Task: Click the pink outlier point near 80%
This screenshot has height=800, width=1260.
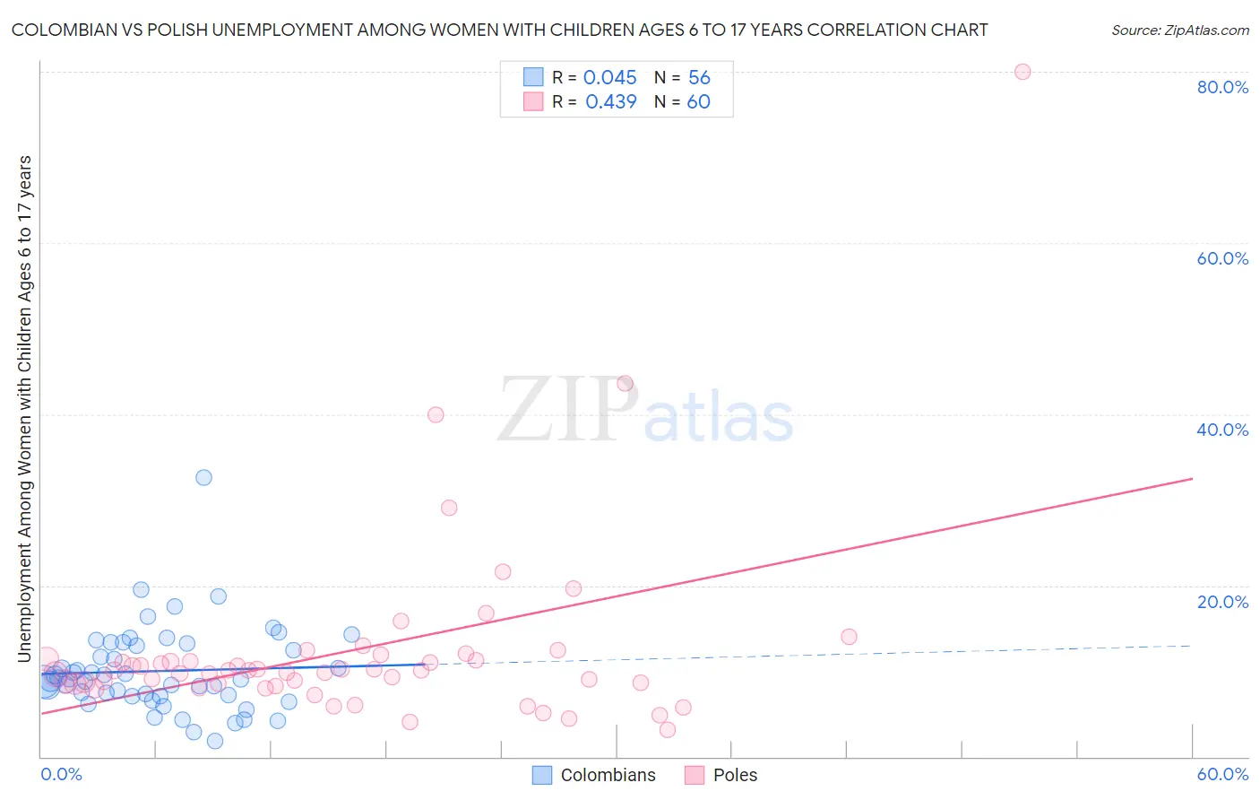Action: tap(1022, 72)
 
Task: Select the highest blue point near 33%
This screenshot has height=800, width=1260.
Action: tap(203, 477)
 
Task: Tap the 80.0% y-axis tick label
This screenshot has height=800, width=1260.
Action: tap(1222, 87)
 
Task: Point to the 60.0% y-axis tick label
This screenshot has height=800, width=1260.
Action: tap(1222, 258)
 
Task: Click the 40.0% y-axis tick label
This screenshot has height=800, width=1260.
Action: tap(1222, 430)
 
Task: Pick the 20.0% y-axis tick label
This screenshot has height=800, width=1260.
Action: tap(1222, 602)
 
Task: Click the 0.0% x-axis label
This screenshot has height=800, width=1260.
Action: tap(61, 775)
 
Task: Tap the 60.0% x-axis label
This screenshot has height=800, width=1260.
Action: tap(1222, 775)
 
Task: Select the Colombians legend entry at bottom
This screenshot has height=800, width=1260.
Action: tap(594, 775)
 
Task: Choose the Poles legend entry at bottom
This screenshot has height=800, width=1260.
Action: tap(721, 775)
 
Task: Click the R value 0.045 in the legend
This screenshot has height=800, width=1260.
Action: tap(609, 78)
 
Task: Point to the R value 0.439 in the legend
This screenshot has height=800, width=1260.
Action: tap(610, 102)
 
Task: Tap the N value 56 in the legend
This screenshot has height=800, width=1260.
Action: tap(699, 78)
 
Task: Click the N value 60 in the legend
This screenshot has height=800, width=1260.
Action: tap(698, 102)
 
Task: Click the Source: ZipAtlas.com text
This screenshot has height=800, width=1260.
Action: tap(1179, 30)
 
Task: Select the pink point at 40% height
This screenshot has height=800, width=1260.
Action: tap(436, 414)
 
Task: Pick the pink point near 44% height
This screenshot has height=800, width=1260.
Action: tap(625, 384)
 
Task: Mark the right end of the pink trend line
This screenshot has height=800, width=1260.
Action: tap(1192, 479)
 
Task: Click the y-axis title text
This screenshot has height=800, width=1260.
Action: tap(25, 408)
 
